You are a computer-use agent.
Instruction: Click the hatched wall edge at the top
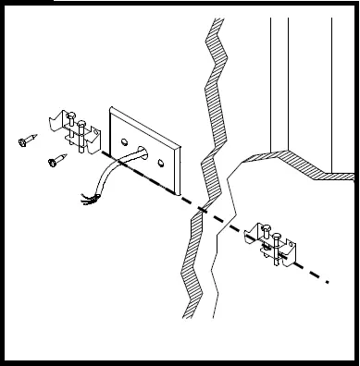pos(215,37)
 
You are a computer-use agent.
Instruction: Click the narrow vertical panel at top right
pos(279,83)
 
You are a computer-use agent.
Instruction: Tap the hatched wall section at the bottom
pos(193,287)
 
